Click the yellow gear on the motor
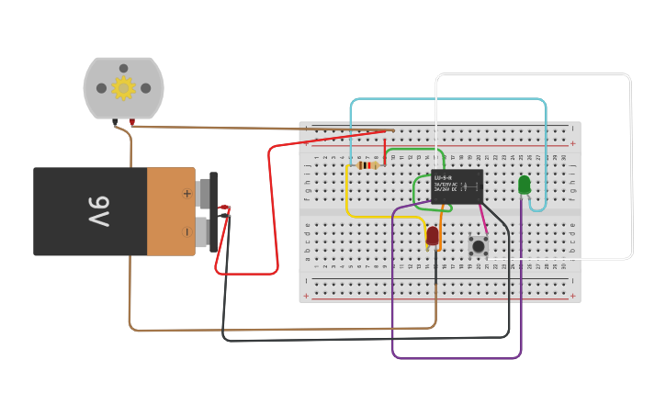[x=123, y=88]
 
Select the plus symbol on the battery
[x=186, y=194]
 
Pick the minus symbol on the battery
[x=186, y=231]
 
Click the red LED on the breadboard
[x=433, y=235]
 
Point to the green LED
[x=525, y=185]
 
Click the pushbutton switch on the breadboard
[x=478, y=245]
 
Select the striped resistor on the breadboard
[x=367, y=165]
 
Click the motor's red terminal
[x=132, y=121]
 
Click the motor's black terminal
[x=115, y=121]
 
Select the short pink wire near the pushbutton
[x=483, y=220]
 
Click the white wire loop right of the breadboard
[x=630, y=165]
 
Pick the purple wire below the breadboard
[x=457, y=357]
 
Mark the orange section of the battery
[x=171, y=211]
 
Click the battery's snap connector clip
[x=214, y=211]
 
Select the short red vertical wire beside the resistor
[x=385, y=147]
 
